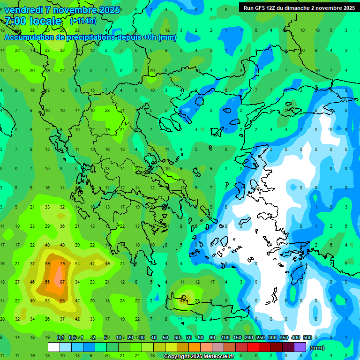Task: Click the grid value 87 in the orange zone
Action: click(62, 282)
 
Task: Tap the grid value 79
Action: click(62, 263)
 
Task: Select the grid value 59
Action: click(47, 263)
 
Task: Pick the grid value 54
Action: click(77, 263)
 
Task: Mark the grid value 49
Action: click(107, 263)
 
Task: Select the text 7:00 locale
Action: click(33, 21)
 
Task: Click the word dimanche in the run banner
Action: click(306, 8)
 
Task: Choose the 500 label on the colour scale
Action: click(307, 337)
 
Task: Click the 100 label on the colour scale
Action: click(225, 337)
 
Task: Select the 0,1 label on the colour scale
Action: click(61, 337)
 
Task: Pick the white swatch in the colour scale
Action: click(54, 347)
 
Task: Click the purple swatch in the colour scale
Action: click(300, 347)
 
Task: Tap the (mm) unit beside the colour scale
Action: click(317, 348)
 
